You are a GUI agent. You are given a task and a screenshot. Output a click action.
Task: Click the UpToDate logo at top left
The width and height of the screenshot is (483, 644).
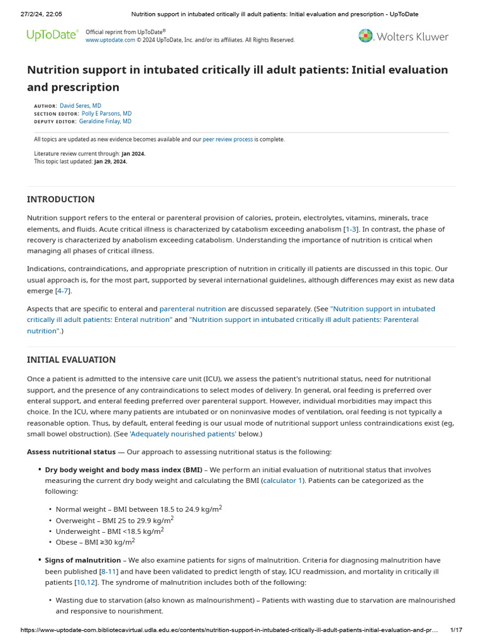click(52, 36)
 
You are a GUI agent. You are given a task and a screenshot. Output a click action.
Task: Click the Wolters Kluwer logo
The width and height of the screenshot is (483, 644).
click(403, 36)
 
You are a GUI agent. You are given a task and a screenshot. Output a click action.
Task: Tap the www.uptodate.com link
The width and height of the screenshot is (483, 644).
click(110, 40)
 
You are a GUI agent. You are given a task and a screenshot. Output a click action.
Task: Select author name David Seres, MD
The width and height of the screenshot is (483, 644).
click(80, 106)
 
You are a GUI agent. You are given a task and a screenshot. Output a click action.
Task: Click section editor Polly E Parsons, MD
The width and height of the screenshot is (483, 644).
click(106, 114)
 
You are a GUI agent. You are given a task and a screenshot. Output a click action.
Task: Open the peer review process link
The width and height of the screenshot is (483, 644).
click(228, 140)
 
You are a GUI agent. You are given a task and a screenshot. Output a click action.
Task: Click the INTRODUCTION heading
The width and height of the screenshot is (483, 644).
click(60, 199)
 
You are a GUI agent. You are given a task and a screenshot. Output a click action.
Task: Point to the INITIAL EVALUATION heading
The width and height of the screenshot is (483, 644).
click(71, 360)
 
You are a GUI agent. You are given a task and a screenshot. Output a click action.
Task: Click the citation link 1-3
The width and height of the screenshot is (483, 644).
click(351, 229)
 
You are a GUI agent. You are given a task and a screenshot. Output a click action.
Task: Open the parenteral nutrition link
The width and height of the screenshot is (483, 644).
click(192, 309)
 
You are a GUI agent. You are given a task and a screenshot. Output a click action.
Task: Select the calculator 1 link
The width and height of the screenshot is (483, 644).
click(282, 480)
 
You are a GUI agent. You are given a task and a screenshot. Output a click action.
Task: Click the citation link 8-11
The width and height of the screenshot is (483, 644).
click(108, 572)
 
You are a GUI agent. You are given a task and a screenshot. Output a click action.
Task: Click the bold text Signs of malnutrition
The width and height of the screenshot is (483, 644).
click(82, 560)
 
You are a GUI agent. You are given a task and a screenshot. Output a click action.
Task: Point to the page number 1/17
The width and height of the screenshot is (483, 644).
click(456, 630)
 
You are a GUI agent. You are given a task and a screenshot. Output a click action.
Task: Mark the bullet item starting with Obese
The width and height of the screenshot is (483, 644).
click(95, 541)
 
